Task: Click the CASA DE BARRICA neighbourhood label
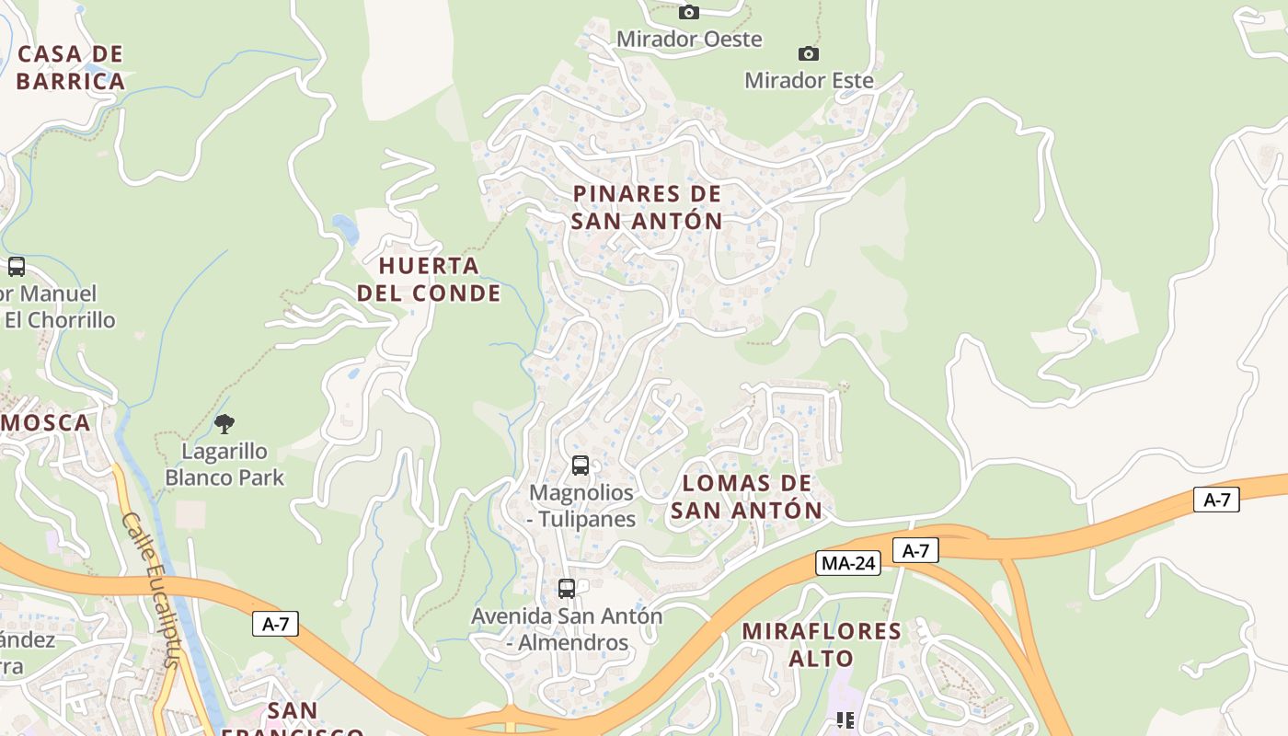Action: click(x=70, y=67)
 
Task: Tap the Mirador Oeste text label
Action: click(x=689, y=39)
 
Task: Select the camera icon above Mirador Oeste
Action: click(x=688, y=12)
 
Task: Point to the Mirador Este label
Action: click(x=809, y=80)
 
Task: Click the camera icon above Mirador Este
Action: click(x=809, y=53)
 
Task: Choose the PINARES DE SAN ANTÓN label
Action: click(x=647, y=207)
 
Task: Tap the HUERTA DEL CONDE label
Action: click(x=429, y=279)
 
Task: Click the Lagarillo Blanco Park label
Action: click(x=224, y=464)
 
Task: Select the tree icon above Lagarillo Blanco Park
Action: click(x=224, y=424)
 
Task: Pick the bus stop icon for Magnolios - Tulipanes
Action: click(x=580, y=466)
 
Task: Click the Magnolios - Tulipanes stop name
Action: click(x=581, y=505)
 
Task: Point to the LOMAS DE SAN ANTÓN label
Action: click(x=746, y=496)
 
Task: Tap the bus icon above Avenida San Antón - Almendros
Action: click(x=567, y=589)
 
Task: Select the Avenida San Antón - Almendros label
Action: click(x=567, y=628)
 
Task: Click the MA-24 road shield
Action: click(x=848, y=563)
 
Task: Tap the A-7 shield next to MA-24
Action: click(x=915, y=550)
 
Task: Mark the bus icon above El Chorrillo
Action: click(x=17, y=267)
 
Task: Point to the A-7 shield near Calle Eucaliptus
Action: click(x=275, y=624)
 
